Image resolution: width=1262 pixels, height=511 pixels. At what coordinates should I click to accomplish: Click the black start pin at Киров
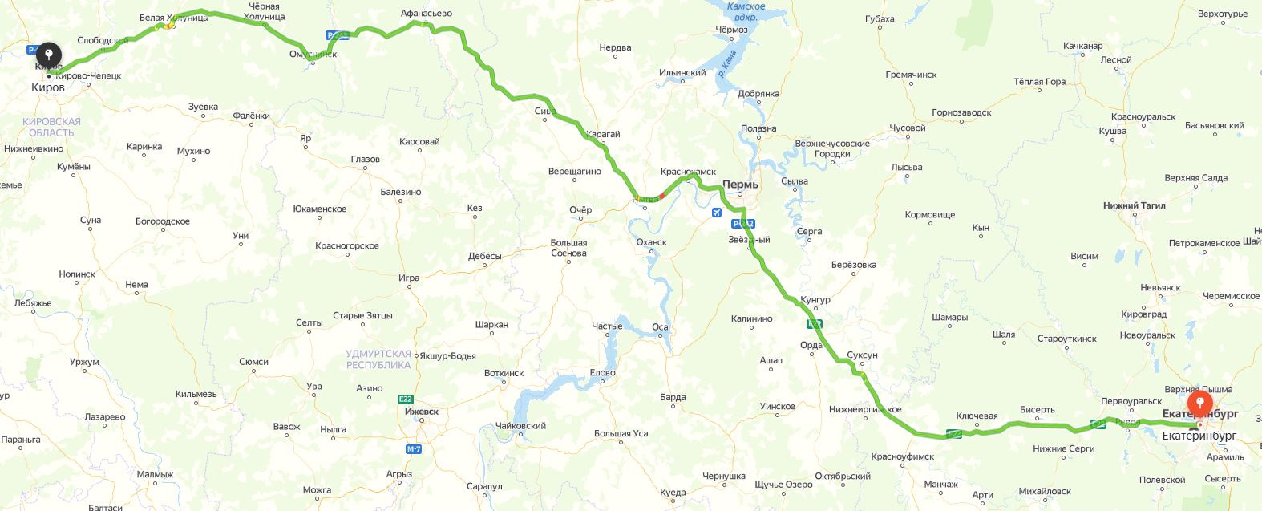[49, 55]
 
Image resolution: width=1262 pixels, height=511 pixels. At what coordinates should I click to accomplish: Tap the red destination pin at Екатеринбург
[1199, 402]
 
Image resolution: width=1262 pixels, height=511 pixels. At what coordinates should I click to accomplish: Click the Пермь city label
[740, 185]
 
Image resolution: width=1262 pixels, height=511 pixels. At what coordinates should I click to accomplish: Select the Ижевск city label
[422, 412]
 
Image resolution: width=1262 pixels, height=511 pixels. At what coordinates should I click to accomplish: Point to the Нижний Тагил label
[1134, 205]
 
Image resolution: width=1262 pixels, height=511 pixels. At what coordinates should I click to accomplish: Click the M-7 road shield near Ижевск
[414, 449]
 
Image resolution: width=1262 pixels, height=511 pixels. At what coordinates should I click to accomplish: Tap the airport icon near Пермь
[716, 213]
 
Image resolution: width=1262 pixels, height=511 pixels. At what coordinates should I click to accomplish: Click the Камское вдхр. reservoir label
[746, 11]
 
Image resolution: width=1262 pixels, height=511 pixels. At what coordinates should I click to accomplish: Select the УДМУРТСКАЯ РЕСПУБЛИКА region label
[378, 359]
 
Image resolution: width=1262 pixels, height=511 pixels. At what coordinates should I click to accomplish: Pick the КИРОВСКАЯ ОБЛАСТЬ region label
[51, 127]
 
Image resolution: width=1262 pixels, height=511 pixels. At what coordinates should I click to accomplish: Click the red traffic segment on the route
[662, 195]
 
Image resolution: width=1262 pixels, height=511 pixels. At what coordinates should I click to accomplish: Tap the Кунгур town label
[815, 300]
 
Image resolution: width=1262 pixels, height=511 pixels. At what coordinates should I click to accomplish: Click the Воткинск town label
[504, 373]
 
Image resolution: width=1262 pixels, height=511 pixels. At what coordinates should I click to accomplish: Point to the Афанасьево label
[426, 14]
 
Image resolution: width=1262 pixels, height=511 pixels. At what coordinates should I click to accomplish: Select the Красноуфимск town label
[903, 456]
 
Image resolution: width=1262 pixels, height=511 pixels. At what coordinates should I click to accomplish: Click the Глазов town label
[365, 159]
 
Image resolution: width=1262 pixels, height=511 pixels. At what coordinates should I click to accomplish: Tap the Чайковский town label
[520, 426]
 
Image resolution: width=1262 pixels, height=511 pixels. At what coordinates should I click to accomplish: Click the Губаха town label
[880, 19]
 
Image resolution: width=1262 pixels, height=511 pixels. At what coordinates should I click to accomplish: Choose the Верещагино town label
[574, 172]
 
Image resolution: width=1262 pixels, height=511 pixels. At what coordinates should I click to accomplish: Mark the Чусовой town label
[908, 128]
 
